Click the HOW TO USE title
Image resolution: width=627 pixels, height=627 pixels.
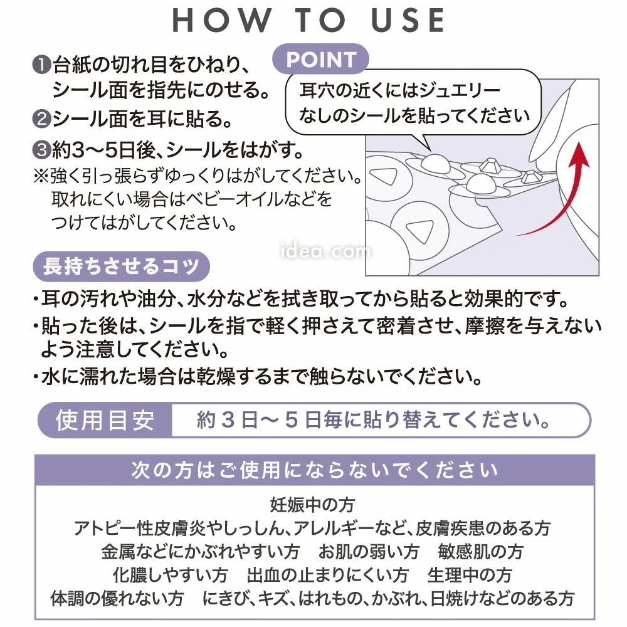tap(308, 20)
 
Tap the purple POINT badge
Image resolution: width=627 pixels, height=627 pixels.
tap(321, 60)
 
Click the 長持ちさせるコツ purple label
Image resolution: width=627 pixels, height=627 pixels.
tap(120, 266)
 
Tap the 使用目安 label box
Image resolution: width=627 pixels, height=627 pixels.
tap(105, 420)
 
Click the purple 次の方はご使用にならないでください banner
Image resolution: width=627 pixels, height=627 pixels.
tap(314, 470)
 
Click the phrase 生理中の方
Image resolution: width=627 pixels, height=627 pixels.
tap(469, 574)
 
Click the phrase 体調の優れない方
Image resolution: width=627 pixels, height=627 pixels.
tap(113, 597)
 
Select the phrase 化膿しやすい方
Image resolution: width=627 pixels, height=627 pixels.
tap(171, 574)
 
